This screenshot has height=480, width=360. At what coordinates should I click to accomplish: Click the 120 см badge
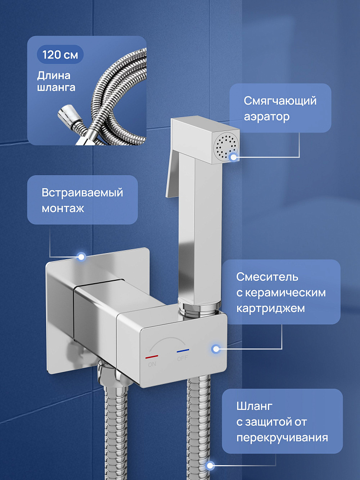[x=60, y=55]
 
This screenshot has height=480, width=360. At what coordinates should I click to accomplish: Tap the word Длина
[x=54, y=76]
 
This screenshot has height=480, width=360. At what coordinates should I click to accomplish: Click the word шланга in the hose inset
[x=56, y=87]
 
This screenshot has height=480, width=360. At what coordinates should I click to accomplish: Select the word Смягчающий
[x=280, y=101]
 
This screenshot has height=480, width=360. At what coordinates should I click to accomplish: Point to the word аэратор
[x=266, y=117]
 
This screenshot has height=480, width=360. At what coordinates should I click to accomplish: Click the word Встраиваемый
[x=82, y=193]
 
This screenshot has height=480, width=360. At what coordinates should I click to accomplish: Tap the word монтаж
[x=63, y=209]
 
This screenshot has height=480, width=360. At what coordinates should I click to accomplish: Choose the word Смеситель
[x=267, y=277]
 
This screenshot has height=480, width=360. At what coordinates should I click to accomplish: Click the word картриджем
[x=270, y=308]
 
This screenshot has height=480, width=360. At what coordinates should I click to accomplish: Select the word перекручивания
[x=282, y=437]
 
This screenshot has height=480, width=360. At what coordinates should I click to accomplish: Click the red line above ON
[x=152, y=357]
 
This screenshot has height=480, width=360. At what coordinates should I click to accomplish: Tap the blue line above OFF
[x=183, y=351]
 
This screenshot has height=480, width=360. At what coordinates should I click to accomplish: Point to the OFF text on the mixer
[x=182, y=358]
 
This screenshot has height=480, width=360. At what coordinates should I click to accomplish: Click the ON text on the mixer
[x=152, y=364]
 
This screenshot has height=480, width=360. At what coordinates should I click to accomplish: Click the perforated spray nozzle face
[x=226, y=146]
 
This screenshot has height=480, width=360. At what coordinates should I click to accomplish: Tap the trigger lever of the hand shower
[x=172, y=175]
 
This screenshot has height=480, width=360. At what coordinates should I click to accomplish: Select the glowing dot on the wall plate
[x=81, y=257]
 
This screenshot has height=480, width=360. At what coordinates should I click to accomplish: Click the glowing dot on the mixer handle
[x=216, y=348]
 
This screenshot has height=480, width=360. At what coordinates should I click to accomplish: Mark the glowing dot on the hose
[x=210, y=466]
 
